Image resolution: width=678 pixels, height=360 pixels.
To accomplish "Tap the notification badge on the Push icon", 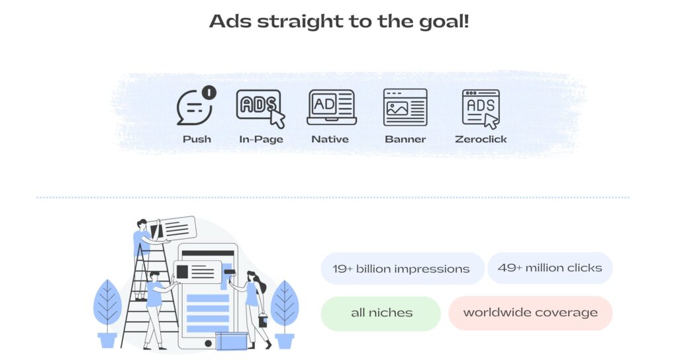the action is pos(209,92).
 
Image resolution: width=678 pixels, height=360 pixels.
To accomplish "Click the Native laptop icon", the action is pos(332,107).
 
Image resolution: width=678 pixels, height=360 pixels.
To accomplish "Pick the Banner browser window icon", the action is pos(405,107).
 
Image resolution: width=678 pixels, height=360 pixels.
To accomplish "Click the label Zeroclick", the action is pos(481,139).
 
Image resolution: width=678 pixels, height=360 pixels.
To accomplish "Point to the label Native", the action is pos(330,139).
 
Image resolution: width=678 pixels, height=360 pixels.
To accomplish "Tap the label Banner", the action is pos(405,139).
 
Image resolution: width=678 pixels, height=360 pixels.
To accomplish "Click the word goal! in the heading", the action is pos(444,22).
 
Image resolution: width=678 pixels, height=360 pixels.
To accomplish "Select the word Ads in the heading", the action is pos(230,21).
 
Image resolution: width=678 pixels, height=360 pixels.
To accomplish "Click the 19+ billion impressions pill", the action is pos(402,269).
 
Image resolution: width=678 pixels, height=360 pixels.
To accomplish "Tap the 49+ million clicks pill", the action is pos(550,268).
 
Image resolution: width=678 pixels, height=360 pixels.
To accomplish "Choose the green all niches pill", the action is pos(381,313).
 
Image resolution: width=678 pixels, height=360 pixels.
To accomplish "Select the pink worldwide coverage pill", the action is pos(530,313).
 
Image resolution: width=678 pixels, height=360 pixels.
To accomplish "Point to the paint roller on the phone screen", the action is pos(230,272).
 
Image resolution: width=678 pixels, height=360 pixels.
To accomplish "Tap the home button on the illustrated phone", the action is pos(208,343).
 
